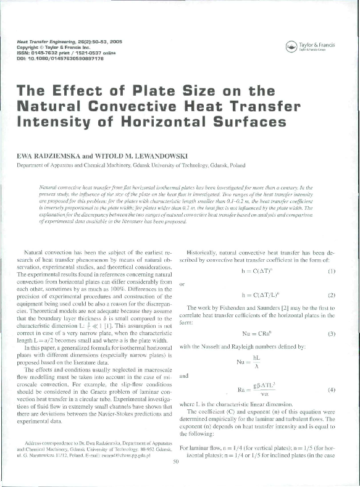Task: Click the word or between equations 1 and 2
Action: [x=181, y=285]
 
